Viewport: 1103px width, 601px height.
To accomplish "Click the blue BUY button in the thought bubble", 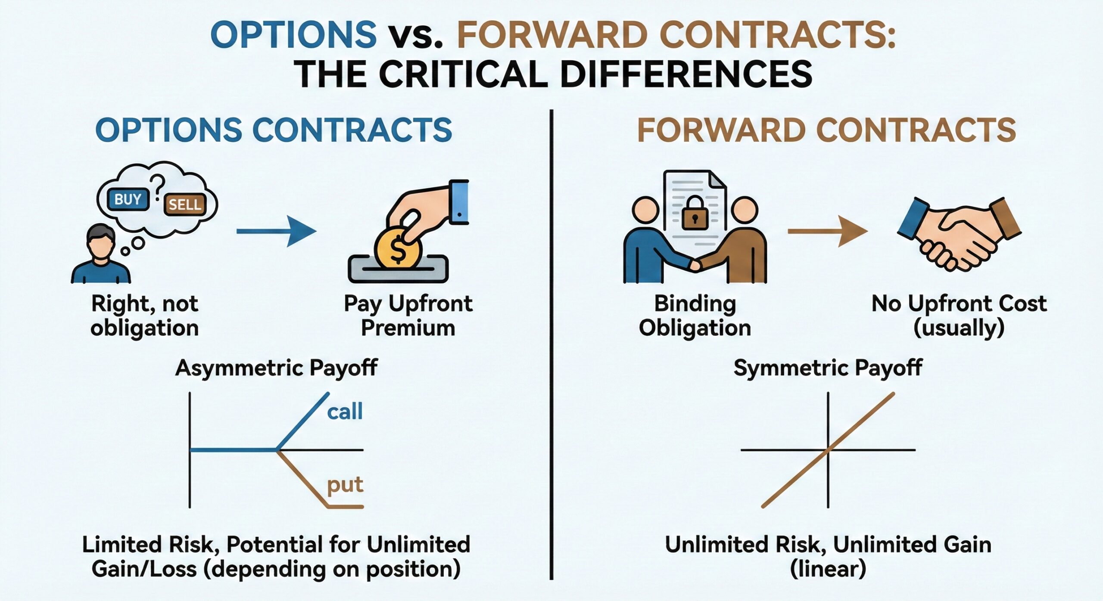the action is coord(128,199).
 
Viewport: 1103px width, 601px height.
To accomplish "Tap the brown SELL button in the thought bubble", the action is coord(184,204).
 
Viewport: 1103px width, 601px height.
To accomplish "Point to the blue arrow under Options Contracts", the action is coord(276,231).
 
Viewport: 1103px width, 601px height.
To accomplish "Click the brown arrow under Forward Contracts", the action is coord(827,231).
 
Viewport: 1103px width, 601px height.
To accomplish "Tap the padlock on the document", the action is coord(695,213).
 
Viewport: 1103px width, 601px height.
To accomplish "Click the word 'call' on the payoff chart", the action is coord(345,412).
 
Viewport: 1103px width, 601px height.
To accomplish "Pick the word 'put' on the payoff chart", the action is coord(345,485).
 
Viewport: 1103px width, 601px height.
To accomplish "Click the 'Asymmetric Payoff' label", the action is coord(276,369).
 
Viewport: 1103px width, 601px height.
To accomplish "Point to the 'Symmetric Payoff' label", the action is coord(828,369).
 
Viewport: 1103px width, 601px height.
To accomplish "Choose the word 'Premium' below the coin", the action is coord(408,328).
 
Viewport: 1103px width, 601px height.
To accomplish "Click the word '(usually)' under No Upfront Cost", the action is coord(959,328).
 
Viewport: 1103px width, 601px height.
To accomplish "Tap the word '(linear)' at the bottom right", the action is coord(828,569).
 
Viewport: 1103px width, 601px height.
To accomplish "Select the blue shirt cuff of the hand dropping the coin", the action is coord(459,202).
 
